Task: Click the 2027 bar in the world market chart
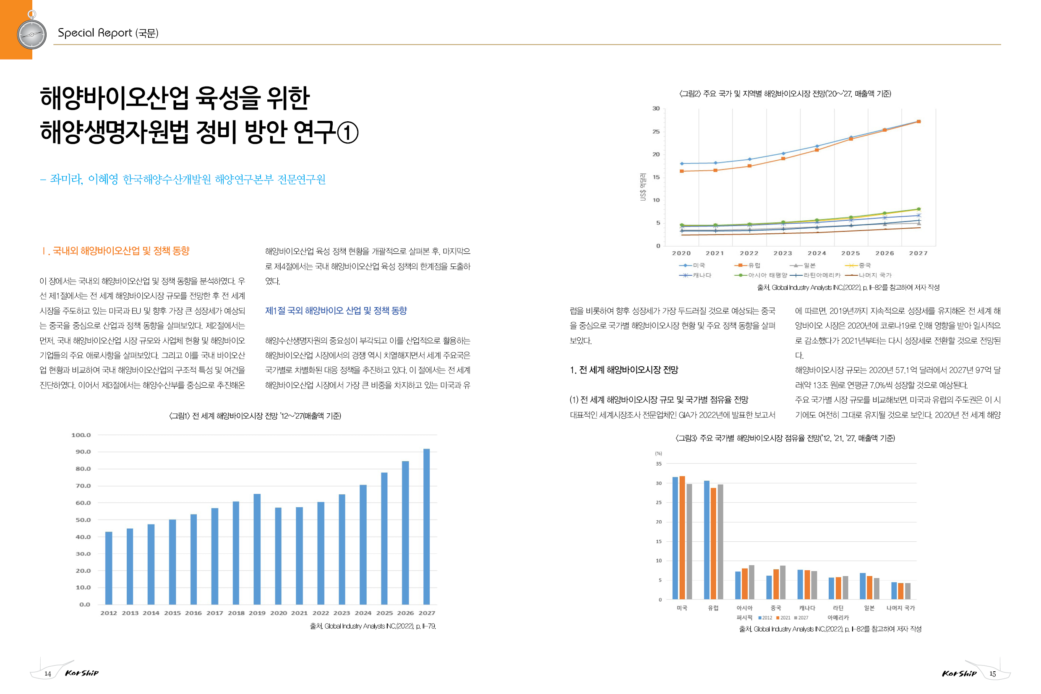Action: (426, 526)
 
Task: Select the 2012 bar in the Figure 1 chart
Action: (108, 568)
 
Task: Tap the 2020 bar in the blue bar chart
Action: (278, 556)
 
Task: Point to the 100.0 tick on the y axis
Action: (81, 435)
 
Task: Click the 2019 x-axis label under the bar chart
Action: (257, 613)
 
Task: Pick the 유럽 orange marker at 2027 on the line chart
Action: (918, 121)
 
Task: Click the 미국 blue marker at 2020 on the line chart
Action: (681, 163)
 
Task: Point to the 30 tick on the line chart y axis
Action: (656, 108)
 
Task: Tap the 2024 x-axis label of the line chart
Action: (817, 253)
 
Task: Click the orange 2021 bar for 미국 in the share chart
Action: (682, 538)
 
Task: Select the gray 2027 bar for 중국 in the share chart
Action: (783, 582)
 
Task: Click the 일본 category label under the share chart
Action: (869, 608)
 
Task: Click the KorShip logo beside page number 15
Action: (959, 673)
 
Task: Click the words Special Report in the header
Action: (95, 33)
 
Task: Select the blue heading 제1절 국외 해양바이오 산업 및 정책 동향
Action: (336, 311)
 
